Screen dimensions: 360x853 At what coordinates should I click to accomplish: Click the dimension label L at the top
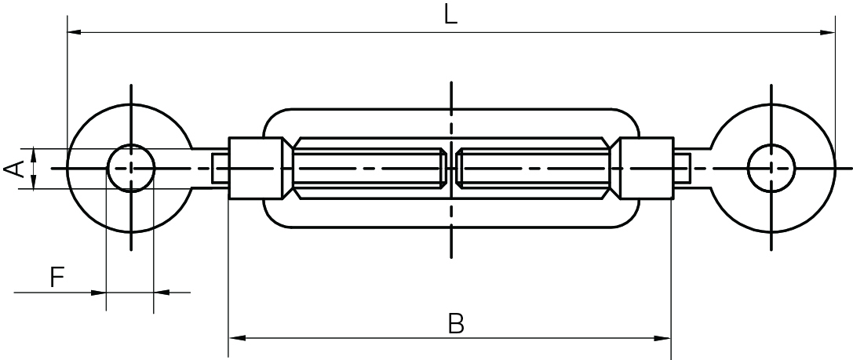450,16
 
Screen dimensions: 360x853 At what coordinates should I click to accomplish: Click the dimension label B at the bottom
455,322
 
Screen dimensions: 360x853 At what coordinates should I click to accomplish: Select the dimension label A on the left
14,169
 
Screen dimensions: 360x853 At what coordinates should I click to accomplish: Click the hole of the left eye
131,168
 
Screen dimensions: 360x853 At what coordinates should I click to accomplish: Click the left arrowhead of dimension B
235,339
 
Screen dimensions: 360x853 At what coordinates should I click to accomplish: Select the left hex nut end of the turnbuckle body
256,168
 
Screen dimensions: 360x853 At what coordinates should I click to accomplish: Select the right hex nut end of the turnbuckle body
645,168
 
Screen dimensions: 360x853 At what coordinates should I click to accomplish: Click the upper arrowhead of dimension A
34,155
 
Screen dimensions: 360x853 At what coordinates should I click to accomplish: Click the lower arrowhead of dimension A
34,182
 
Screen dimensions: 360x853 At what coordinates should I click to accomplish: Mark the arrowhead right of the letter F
162,293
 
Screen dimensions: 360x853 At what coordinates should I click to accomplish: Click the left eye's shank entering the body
219,168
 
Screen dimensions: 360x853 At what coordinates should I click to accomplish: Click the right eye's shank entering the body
682,168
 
